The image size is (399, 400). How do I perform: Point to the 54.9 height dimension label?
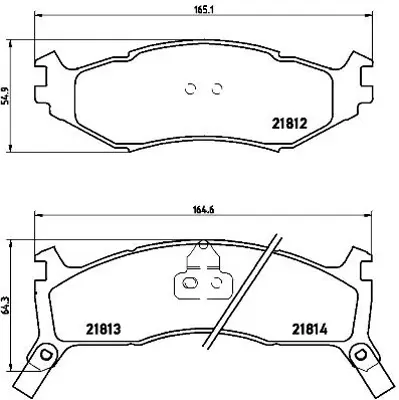(8, 96)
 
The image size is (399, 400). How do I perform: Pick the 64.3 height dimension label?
(8, 300)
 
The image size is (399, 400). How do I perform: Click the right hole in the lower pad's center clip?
(213, 284)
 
